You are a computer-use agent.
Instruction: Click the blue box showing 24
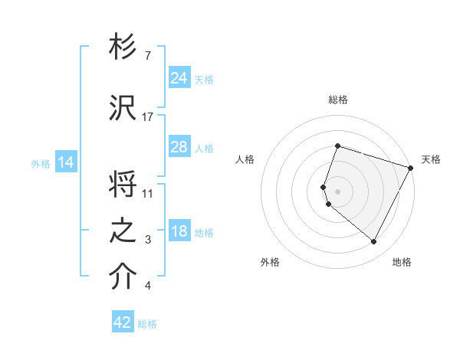(x=179, y=77)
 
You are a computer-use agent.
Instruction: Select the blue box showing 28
(x=179, y=147)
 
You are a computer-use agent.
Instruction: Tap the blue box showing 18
(x=179, y=232)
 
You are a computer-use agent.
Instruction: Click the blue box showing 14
(x=66, y=162)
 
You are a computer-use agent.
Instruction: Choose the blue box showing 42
(x=123, y=322)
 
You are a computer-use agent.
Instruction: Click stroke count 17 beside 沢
(x=148, y=116)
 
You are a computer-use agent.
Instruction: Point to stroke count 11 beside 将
(x=148, y=192)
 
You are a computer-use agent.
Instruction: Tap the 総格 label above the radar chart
(x=338, y=100)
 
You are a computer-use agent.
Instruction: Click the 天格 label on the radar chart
(x=431, y=159)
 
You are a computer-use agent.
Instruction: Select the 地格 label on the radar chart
(x=402, y=262)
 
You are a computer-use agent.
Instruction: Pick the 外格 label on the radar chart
(x=270, y=262)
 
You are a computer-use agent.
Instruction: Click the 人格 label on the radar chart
(x=245, y=159)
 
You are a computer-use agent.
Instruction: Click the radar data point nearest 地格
(x=374, y=242)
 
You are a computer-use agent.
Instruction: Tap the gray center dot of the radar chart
(x=338, y=190)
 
